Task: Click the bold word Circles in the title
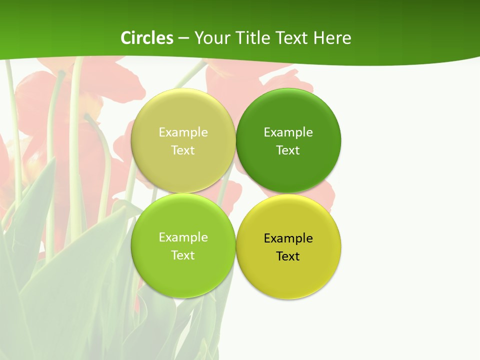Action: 147,38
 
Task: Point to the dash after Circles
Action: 183,38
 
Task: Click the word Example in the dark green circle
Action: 288,132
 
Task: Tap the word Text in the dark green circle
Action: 288,150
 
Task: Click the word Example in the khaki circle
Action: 183,132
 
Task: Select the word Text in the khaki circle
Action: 183,150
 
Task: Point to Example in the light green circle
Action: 183,237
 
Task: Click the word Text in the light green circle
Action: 183,255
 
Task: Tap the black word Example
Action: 288,238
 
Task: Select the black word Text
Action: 288,256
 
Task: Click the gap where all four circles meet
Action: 235,193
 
